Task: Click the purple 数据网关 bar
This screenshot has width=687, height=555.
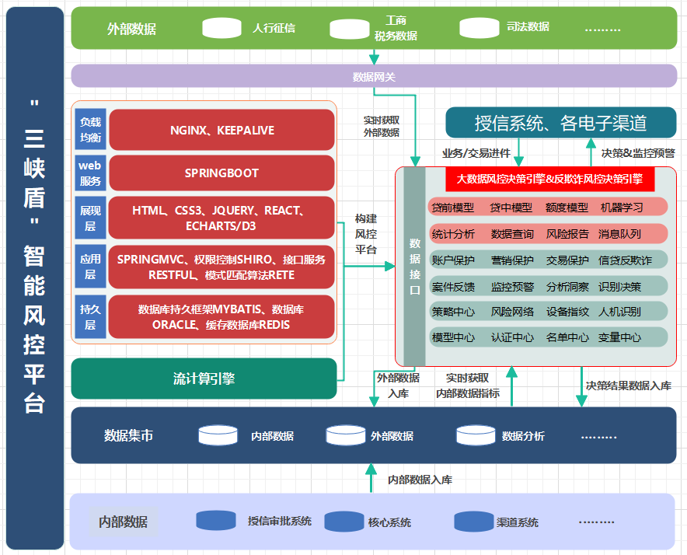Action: (374, 76)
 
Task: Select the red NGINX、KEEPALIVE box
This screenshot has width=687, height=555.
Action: (221, 130)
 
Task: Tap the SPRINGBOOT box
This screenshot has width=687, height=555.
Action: (221, 173)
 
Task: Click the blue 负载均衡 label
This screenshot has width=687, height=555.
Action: (90, 129)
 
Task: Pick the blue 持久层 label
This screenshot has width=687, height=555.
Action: (90, 316)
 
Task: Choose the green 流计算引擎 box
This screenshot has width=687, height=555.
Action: (204, 379)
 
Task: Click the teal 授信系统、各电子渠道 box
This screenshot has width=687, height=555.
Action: (561, 123)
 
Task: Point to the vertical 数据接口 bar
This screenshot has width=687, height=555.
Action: (414, 266)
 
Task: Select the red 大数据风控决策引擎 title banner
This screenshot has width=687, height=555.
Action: (550, 179)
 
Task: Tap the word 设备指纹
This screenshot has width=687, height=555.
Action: (567, 312)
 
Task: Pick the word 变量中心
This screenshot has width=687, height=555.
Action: (619, 337)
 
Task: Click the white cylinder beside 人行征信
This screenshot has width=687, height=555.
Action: (221, 28)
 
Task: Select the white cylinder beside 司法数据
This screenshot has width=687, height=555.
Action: (480, 28)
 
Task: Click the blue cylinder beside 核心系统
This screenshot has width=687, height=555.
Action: (344, 522)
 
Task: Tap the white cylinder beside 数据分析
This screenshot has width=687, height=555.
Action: (476, 435)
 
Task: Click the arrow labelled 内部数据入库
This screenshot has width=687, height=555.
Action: (371, 478)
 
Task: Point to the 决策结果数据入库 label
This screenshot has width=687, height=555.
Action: (629, 386)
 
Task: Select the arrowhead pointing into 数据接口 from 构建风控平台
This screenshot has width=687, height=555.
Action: (390, 266)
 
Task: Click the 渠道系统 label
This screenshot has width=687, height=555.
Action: (518, 522)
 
